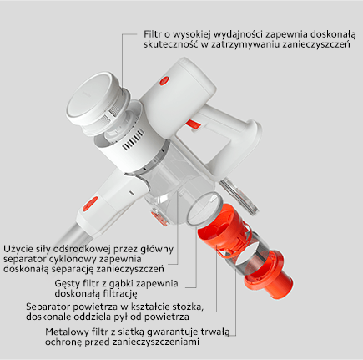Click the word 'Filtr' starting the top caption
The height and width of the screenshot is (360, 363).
point(153,36)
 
